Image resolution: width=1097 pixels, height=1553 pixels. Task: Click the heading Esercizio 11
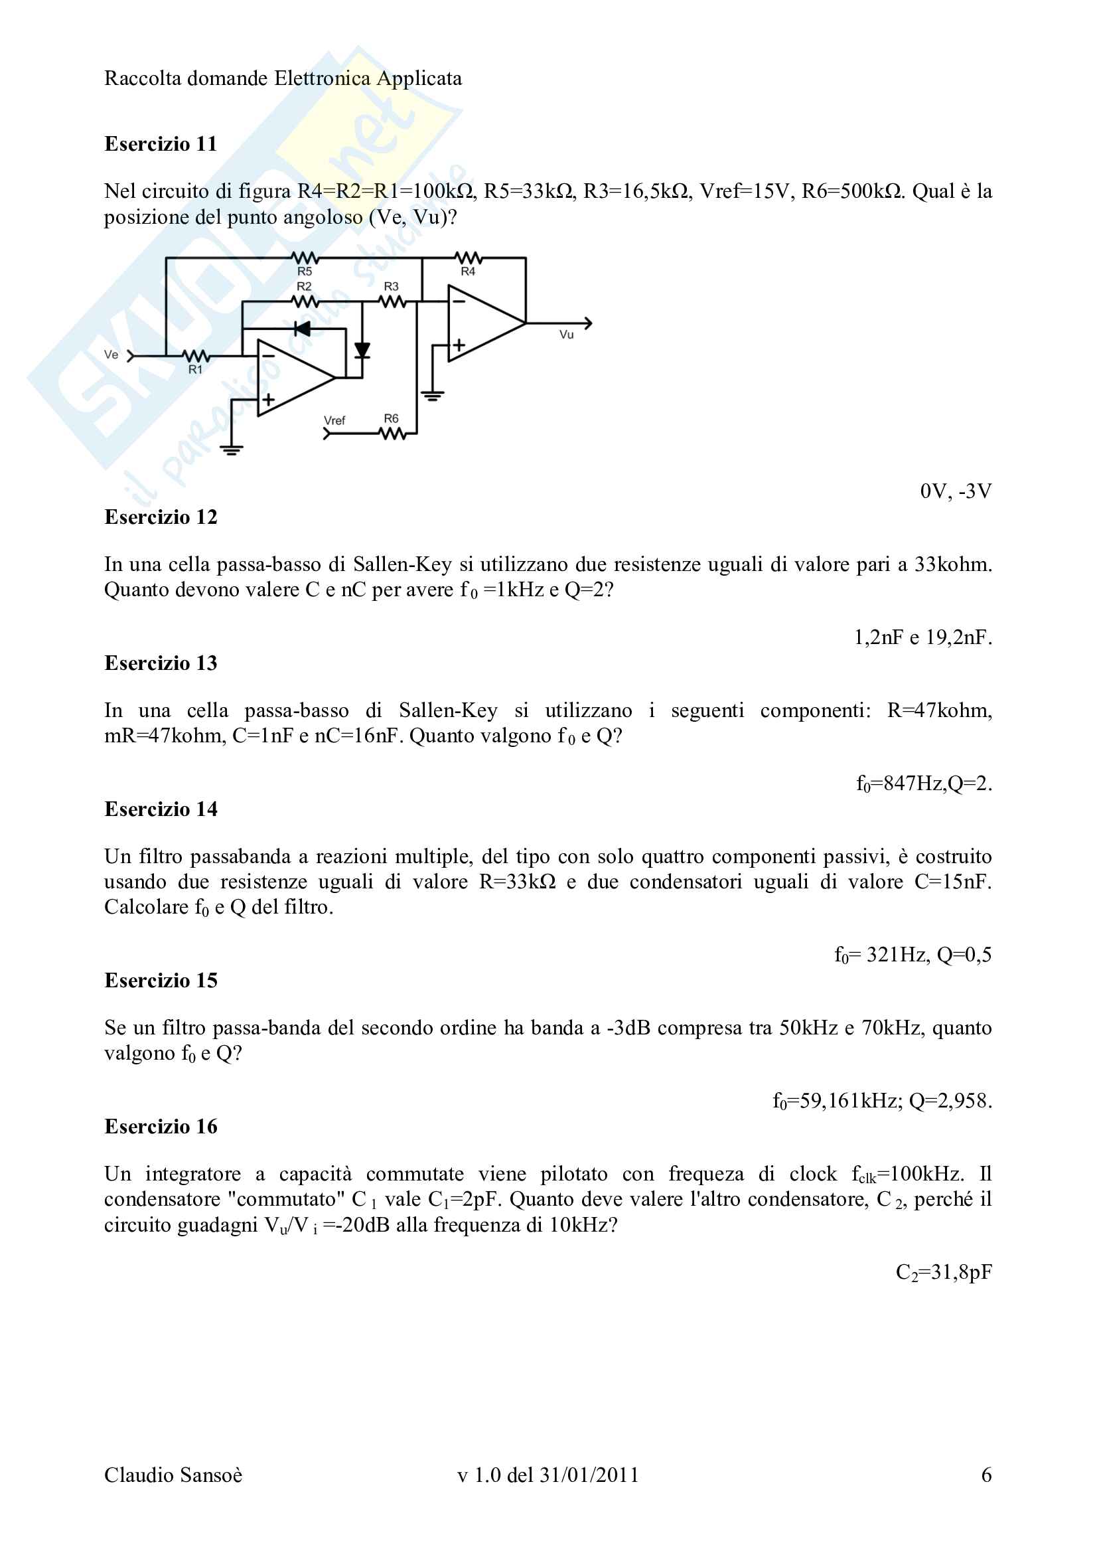click(160, 144)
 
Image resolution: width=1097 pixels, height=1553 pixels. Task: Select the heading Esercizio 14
click(160, 809)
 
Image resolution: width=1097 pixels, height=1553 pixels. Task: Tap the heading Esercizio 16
click(160, 1126)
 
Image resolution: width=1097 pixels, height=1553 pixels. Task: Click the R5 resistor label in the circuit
click(305, 272)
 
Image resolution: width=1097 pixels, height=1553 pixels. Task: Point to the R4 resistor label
click(468, 272)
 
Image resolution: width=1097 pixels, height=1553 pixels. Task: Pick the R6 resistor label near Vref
click(392, 419)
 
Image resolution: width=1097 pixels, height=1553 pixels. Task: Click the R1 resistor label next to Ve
click(195, 369)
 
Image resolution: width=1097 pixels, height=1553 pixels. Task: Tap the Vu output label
click(566, 335)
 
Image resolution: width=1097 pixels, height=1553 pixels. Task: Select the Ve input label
click(111, 355)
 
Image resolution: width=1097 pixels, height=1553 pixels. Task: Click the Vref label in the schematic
click(334, 421)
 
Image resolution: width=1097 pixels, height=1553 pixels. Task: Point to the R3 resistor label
click(392, 287)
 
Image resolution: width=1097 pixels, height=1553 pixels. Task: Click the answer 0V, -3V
click(956, 491)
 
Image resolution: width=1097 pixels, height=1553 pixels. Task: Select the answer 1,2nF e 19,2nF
click(922, 637)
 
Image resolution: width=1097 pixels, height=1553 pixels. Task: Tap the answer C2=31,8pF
click(944, 1272)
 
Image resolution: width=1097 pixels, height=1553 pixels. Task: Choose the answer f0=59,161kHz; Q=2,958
click(882, 1101)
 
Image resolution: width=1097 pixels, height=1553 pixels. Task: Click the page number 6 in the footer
click(986, 1475)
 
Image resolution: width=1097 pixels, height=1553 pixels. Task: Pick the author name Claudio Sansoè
click(173, 1475)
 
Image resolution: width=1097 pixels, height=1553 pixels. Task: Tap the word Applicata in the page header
click(419, 78)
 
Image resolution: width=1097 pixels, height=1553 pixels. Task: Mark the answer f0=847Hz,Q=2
click(923, 783)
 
